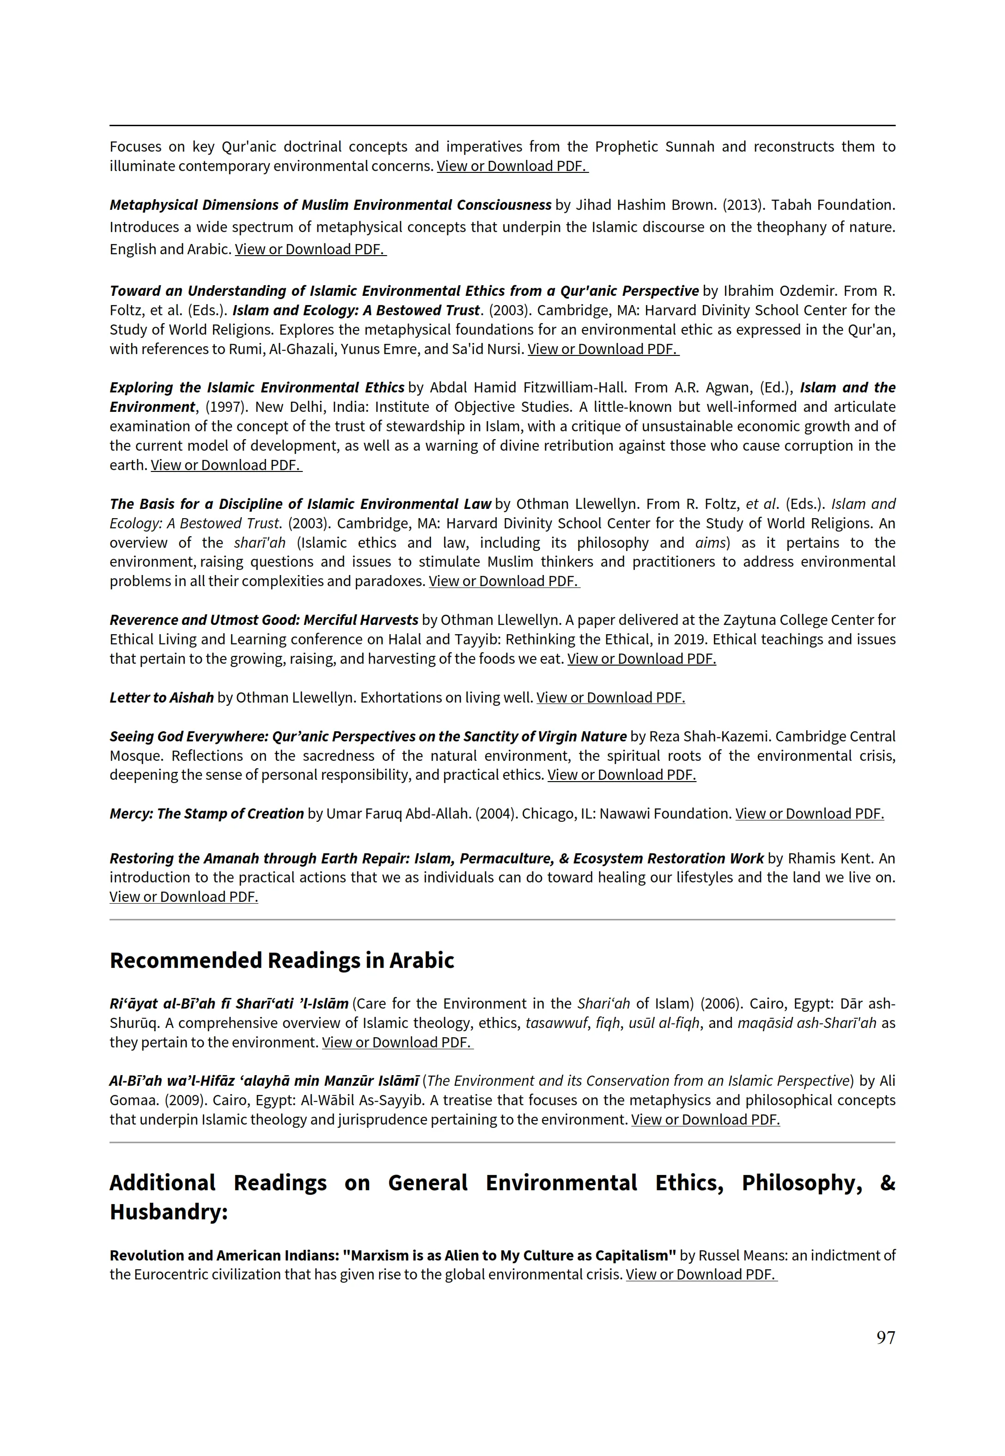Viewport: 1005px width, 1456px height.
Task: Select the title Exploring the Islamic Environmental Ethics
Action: click(x=257, y=387)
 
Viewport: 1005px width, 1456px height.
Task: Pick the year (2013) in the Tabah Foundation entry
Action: click(x=743, y=205)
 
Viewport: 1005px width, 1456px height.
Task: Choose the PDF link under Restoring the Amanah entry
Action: click(x=183, y=897)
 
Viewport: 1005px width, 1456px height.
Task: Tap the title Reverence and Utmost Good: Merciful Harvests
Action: click(x=264, y=620)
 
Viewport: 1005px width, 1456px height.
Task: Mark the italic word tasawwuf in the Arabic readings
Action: click(x=556, y=1023)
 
